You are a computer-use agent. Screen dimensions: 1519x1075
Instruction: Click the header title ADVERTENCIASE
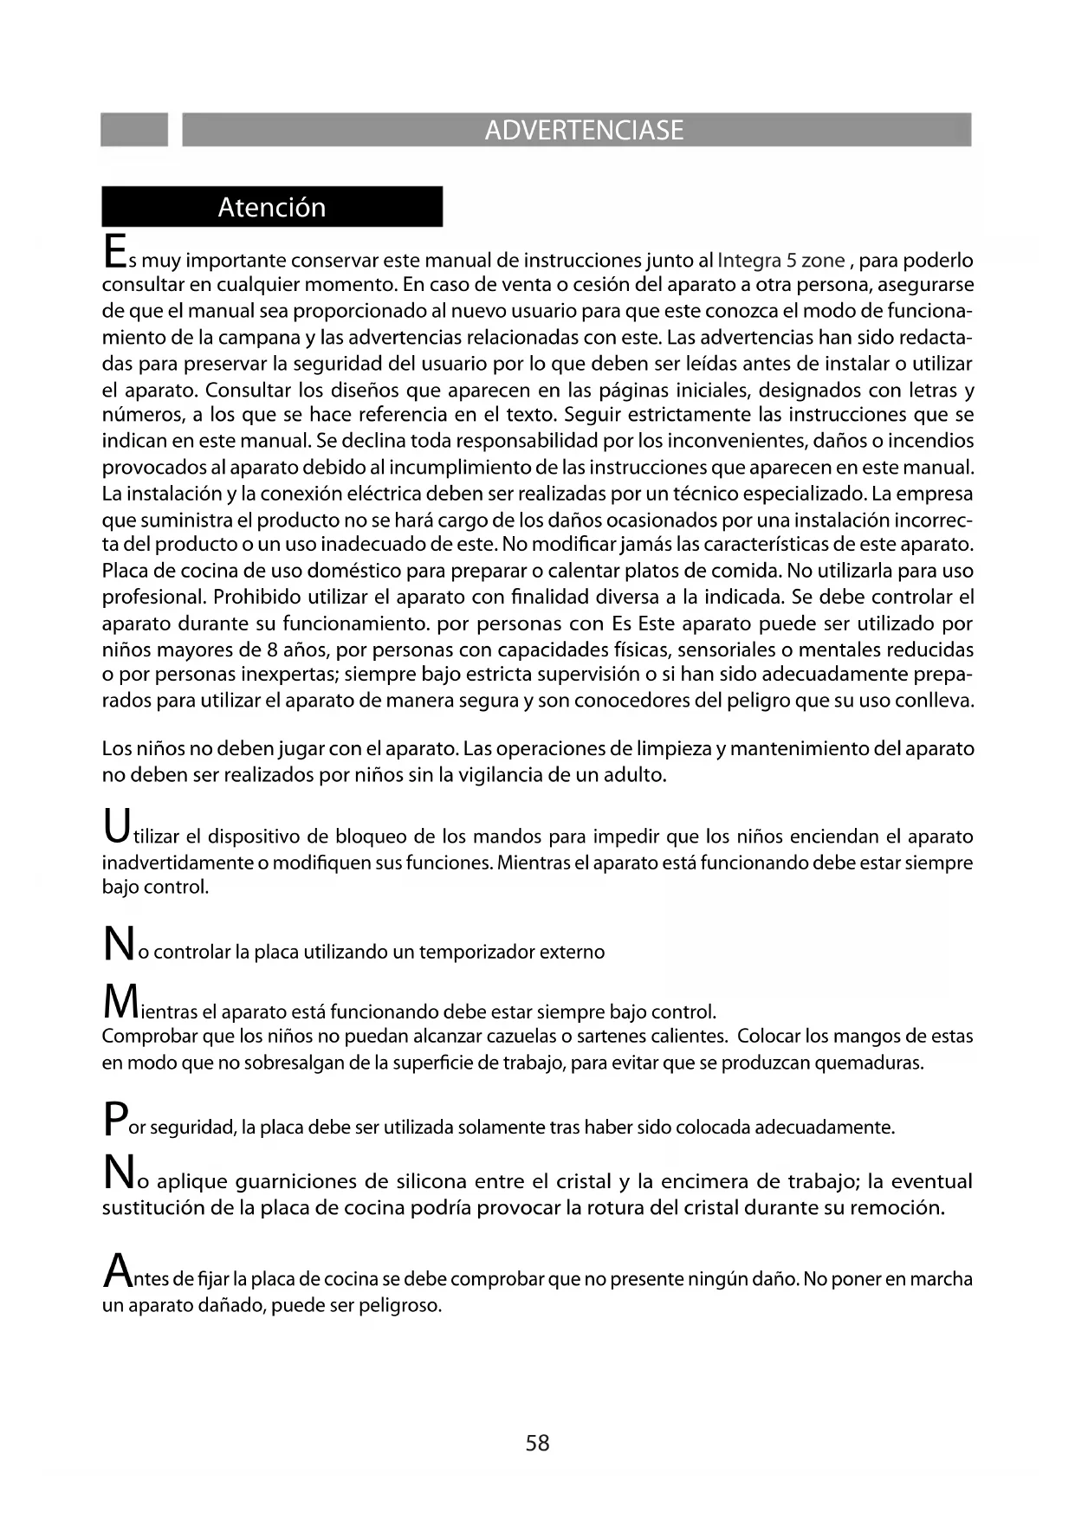click(x=584, y=130)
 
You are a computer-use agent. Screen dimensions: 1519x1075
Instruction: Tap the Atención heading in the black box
click(x=272, y=207)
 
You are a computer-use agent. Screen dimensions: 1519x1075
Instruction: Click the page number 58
click(x=537, y=1443)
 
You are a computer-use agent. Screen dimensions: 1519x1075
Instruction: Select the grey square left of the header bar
click(x=134, y=130)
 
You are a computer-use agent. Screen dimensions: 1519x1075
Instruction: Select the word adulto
click(x=632, y=774)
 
